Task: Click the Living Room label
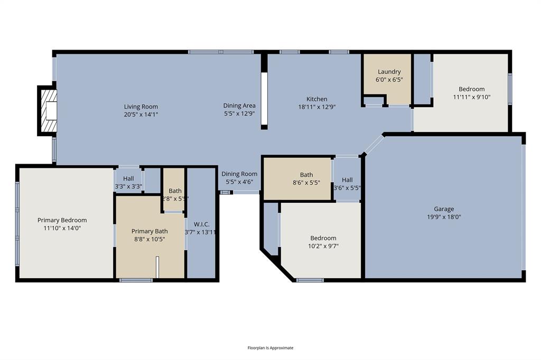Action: click(x=141, y=107)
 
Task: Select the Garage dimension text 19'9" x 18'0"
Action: click(x=444, y=216)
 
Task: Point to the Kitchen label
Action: click(x=317, y=99)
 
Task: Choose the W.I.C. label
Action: click(x=201, y=224)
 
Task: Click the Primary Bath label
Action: click(x=150, y=231)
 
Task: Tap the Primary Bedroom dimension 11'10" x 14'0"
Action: click(x=62, y=228)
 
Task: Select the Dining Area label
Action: click(x=239, y=106)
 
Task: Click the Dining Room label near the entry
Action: click(x=239, y=174)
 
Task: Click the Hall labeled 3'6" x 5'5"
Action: click(x=347, y=184)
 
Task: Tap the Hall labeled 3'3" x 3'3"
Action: click(x=128, y=182)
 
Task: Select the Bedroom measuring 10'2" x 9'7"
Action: click(x=323, y=242)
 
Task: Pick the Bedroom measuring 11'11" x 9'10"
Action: click(x=471, y=93)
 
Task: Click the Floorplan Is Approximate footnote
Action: click(x=270, y=348)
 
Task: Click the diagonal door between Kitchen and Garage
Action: click(x=374, y=144)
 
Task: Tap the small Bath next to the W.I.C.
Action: click(x=175, y=191)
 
